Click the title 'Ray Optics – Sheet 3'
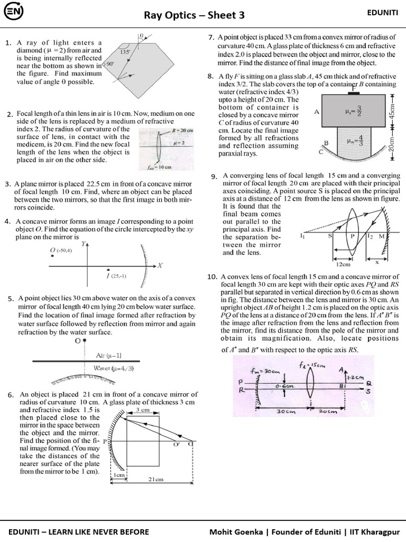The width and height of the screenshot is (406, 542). coord(194,15)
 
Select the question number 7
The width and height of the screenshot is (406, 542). coord(211,37)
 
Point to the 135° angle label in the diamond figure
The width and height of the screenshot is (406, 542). coord(125,52)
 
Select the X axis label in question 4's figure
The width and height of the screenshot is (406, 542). coord(160,265)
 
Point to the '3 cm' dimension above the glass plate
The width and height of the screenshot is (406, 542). coord(142,410)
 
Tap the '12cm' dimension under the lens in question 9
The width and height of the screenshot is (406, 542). coord(344,264)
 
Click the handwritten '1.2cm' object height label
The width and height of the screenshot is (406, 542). coord(356,377)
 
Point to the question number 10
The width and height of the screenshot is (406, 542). coord(212,277)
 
